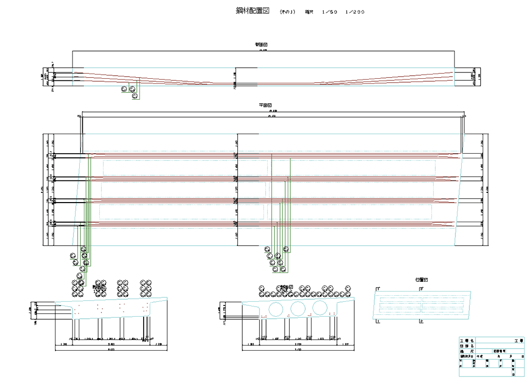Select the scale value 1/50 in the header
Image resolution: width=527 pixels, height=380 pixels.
click(329, 12)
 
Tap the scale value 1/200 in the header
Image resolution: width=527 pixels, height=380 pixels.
click(355, 12)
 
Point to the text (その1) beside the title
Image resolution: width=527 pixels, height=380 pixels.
click(287, 12)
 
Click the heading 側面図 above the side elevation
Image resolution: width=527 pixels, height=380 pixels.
click(261, 45)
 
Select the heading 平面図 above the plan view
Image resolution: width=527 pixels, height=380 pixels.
click(265, 105)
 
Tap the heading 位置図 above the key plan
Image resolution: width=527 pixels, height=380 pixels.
click(421, 280)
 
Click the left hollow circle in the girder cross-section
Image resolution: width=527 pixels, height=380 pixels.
click(276, 309)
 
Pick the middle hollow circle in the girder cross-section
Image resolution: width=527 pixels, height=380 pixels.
click(297, 309)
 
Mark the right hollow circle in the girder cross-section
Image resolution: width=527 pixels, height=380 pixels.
click(319, 309)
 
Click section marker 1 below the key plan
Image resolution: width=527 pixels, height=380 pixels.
click(378, 321)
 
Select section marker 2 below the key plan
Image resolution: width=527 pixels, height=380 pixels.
click(421, 321)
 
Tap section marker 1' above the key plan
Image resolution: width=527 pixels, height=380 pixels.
click(378, 289)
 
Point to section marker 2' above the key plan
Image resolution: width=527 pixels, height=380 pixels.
click(421, 289)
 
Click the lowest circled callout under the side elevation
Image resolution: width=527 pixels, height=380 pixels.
click(135, 96)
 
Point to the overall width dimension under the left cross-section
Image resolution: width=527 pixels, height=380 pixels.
click(111, 350)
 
